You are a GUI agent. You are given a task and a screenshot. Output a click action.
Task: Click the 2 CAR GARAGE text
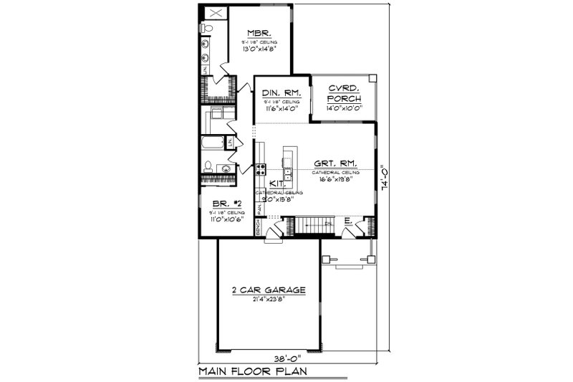pos(269,290)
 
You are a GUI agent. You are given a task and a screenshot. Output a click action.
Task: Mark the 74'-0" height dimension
pos(387,176)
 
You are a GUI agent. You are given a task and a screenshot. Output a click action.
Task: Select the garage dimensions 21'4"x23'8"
pos(269,300)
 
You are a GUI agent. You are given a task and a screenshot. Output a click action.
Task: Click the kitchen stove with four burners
pos(261,170)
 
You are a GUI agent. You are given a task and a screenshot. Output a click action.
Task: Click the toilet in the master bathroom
pos(206,29)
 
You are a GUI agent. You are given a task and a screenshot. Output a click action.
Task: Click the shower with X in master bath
pos(213,12)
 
